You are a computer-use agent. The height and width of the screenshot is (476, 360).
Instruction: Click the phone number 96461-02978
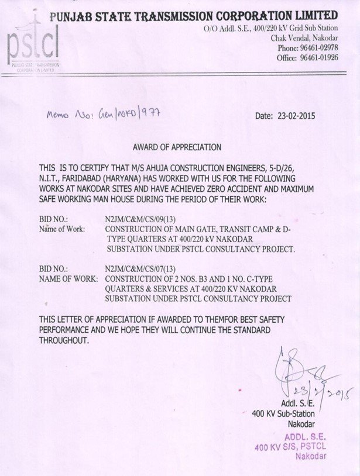[316, 48]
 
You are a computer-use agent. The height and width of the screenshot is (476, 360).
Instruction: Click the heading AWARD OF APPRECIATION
[177, 147]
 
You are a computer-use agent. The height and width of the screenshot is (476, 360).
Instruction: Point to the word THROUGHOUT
[64, 340]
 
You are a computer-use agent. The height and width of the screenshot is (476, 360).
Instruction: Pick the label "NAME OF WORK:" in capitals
[68, 280]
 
